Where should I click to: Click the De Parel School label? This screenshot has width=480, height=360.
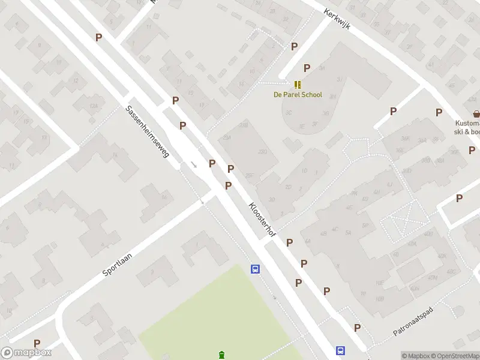298,95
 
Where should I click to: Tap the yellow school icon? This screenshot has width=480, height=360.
298,85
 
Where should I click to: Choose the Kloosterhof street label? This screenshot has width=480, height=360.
262,218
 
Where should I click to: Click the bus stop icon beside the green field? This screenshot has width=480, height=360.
255,269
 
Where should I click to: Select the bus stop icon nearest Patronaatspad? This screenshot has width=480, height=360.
340,351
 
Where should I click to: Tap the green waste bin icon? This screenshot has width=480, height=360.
222,355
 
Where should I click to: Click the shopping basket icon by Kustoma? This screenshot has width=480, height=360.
476,113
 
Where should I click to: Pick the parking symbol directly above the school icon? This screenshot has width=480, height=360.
307,68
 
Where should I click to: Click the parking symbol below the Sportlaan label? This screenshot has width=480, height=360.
37,343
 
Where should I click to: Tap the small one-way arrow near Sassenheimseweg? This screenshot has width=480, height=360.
194,164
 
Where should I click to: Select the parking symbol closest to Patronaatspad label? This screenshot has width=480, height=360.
358,328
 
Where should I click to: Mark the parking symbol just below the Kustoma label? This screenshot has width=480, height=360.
472,150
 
